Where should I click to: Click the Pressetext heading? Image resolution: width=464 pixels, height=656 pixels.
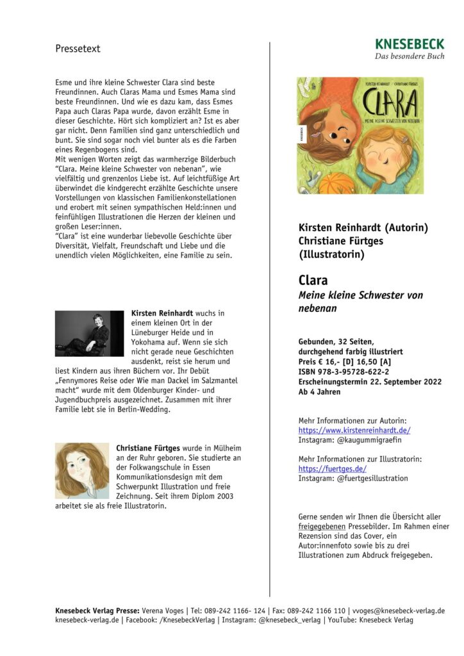[x=78, y=49]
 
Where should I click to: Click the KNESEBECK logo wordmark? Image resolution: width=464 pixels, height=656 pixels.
[x=410, y=44]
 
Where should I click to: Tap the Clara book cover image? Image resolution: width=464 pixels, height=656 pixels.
[x=360, y=136]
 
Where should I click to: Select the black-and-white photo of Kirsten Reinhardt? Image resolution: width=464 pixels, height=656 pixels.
[x=88, y=334]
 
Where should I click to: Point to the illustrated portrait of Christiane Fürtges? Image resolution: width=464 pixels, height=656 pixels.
[x=81, y=471]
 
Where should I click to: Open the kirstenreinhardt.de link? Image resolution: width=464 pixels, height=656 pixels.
[x=354, y=430]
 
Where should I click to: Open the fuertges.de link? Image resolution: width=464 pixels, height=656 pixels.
[x=333, y=469]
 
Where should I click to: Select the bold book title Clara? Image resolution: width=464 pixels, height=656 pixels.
[x=313, y=281]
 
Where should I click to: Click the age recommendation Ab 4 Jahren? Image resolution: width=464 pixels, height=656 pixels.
[x=319, y=392]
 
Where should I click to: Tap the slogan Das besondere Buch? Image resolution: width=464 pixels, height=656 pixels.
[x=410, y=56]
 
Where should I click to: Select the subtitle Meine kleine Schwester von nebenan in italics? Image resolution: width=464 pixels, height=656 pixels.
[x=361, y=302]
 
